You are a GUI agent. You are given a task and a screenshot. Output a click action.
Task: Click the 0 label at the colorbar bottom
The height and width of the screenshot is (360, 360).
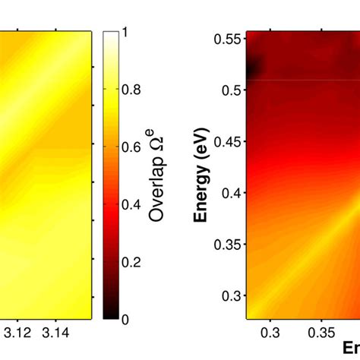tap(124, 319)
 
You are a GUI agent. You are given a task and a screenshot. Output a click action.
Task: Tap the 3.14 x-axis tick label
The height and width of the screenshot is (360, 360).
tap(57, 333)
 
